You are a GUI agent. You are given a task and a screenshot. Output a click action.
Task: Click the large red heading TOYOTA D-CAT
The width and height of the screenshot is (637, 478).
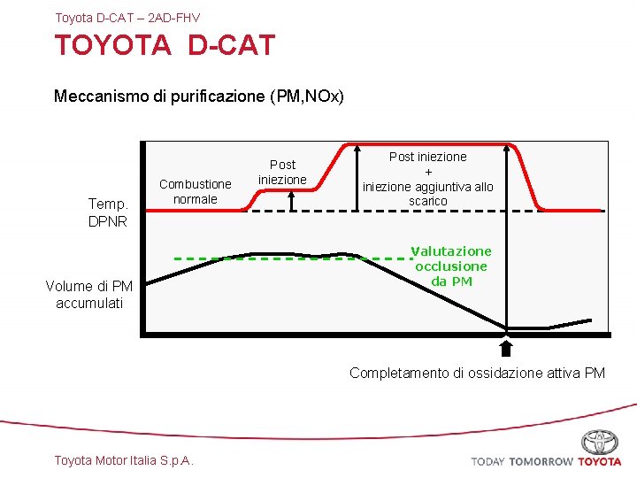tap(165, 45)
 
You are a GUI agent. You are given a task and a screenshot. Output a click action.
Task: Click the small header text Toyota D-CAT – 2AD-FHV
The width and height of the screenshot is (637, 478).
tap(127, 17)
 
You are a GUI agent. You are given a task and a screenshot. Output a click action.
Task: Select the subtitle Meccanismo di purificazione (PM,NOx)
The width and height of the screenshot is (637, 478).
tap(198, 96)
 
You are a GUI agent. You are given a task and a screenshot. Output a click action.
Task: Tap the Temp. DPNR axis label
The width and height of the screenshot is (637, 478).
tap(108, 212)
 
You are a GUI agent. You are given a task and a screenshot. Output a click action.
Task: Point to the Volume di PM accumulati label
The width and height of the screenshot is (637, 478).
tap(89, 295)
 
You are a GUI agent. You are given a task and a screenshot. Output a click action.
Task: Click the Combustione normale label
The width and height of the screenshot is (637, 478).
tap(195, 191)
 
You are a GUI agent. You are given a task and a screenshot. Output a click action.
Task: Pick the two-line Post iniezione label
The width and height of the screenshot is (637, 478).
tap(282, 172)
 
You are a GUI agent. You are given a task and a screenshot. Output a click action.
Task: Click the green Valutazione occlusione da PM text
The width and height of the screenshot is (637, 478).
tap(451, 266)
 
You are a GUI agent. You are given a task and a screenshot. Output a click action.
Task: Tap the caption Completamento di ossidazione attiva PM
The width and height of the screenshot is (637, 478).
tap(477, 373)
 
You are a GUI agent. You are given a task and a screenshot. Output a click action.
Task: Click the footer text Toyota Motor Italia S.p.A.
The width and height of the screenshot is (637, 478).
tap(124, 459)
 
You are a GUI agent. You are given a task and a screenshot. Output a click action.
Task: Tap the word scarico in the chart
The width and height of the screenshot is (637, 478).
tap(428, 201)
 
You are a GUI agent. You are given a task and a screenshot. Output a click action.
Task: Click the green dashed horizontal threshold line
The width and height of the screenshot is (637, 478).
tap(292, 258)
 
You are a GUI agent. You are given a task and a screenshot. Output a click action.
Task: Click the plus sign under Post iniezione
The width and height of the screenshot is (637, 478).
tap(428, 172)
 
